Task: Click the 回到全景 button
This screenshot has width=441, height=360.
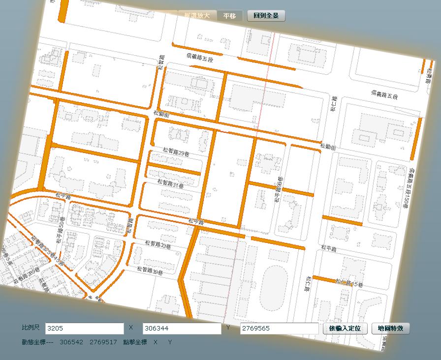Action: (x=266, y=16)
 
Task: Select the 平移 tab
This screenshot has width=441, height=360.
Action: (x=229, y=16)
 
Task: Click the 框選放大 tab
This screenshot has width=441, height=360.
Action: (x=197, y=16)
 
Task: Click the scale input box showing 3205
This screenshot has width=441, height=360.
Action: (x=84, y=329)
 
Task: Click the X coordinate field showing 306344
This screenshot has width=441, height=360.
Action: (x=182, y=329)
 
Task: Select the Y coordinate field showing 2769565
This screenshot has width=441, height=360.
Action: (x=279, y=329)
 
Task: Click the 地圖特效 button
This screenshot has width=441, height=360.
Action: (x=390, y=329)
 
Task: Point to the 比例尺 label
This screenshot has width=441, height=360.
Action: (x=31, y=328)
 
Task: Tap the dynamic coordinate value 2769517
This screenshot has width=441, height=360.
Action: (x=103, y=342)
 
